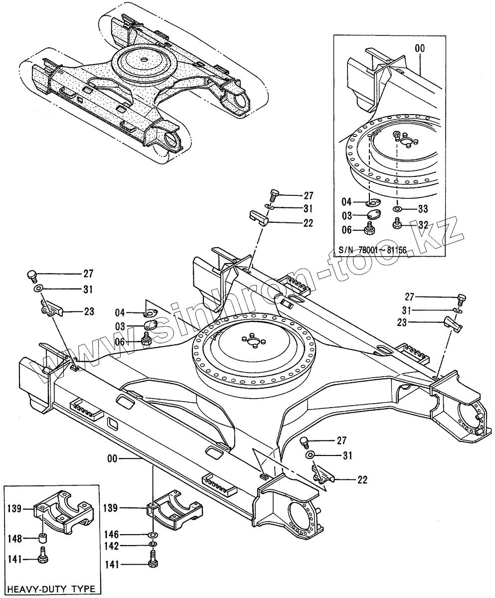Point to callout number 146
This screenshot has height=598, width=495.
(112, 535)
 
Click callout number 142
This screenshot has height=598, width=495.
(112, 546)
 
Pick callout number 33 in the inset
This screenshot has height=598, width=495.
(423, 208)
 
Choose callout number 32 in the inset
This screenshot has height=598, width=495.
(423, 225)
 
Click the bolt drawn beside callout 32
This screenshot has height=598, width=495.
(398, 224)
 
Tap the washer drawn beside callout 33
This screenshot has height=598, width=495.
(398, 208)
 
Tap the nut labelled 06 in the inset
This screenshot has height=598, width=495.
(370, 230)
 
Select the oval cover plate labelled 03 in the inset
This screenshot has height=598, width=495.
(372, 215)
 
